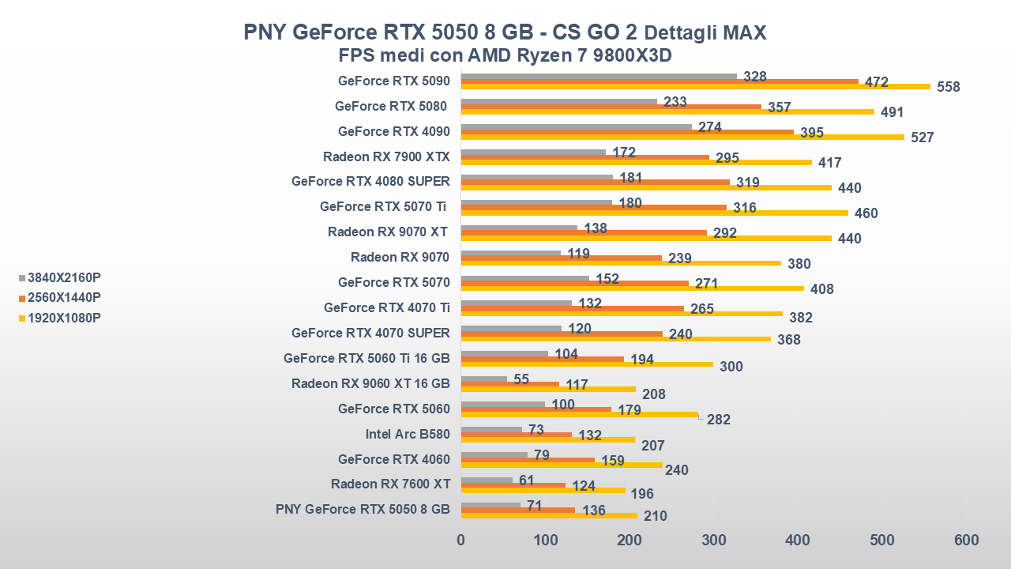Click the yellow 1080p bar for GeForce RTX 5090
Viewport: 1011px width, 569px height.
coord(695,86)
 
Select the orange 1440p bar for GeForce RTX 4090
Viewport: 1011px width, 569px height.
coord(627,132)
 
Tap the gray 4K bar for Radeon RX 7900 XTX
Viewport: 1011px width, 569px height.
coord(533,153)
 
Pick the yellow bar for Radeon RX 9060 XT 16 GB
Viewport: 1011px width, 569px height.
coord(548,389)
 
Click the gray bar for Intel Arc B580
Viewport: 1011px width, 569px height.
coord(491,430)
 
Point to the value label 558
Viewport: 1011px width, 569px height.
coord(948,87)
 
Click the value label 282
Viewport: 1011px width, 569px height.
coord(719,420)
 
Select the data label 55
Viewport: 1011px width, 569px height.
coord(521,379)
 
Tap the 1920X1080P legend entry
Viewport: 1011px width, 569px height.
coord(64,318)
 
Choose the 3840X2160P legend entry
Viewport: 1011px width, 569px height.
coord(64,277)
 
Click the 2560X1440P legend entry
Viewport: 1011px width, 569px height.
coord(64,298)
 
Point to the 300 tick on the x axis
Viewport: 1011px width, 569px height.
coord(713,540)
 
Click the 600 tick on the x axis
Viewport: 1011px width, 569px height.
coord(966,540)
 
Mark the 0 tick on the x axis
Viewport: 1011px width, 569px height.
coord(461,540)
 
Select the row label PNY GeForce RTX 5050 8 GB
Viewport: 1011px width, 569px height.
coord(363,509)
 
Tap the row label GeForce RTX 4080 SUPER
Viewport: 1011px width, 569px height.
coord(370,181)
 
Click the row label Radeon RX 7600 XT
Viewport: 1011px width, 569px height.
coord(390,484)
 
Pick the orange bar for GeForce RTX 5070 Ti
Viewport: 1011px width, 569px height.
coord(593,208)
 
